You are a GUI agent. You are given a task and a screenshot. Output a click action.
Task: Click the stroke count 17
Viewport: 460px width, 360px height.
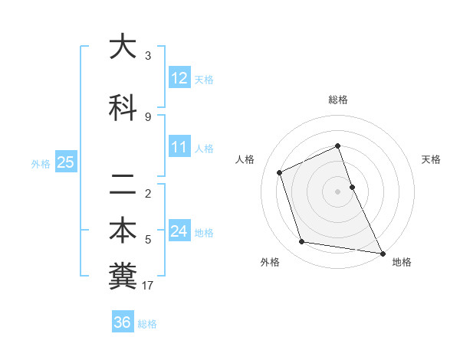[148, 286]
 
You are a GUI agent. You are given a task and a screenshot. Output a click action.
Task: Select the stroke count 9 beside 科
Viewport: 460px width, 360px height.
[148, 117]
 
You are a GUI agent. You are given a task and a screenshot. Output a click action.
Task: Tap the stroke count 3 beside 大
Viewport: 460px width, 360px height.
[148, 56]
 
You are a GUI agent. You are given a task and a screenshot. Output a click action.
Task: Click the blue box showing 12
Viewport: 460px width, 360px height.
[179, 78]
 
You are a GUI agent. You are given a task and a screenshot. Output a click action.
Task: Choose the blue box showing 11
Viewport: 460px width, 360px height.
[179, 147]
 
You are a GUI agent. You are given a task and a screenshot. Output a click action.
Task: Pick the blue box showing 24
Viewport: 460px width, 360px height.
[179, 231]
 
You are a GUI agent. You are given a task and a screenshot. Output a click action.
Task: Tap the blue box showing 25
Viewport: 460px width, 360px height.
[65, 162]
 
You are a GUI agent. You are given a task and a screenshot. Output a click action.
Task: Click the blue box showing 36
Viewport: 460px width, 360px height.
[122, 322]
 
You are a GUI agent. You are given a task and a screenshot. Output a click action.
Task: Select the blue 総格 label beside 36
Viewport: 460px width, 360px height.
[147, 324]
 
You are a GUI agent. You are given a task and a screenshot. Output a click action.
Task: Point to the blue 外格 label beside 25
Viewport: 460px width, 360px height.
[41, 163]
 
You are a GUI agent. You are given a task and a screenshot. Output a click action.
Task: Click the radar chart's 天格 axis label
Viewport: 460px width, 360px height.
[431, 159]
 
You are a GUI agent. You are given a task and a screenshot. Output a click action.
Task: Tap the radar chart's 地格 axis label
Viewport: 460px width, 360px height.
[402, 262]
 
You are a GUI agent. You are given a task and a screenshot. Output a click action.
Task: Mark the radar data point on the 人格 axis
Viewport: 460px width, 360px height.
[280, 172]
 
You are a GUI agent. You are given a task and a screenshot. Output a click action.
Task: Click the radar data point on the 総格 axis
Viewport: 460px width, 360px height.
[337, 146]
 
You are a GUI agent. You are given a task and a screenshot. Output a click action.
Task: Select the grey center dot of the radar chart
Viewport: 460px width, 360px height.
[337, 191]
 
